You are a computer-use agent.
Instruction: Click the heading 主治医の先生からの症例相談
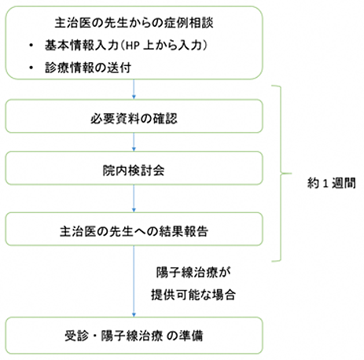[x=134, y=23]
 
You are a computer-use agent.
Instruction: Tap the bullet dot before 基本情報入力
[x=31, y=46]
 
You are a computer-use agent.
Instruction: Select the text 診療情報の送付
[x=88, y=68]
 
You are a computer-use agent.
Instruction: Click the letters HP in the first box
[x=132, y=46]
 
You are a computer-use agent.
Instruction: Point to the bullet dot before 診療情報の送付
[x=31, y=68]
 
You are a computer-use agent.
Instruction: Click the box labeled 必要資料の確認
[x=134, y=116]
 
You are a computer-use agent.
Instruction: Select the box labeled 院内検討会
[x=134, y=168]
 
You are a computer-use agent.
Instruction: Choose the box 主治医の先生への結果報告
[x=134, y=229]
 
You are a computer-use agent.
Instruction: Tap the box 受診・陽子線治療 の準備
[x=134, y=336]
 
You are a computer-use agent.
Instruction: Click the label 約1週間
[x=332, y=182]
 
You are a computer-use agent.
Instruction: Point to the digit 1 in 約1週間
[x=325, y=183]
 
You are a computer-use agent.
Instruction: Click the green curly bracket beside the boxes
[x=281, y=173]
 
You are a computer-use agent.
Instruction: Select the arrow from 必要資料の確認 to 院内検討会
[x=134, y=142]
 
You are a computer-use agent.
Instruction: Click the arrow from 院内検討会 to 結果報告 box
[x=134, y=198]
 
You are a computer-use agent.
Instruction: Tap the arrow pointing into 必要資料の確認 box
[x=134, y=89]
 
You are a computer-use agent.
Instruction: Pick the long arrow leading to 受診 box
[x=134, y=281]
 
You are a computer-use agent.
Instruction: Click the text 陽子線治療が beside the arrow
[x=193, y=273]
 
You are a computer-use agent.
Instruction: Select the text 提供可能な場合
[x=193, y=295]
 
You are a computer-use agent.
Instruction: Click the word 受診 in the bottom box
[x=77, y=336]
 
